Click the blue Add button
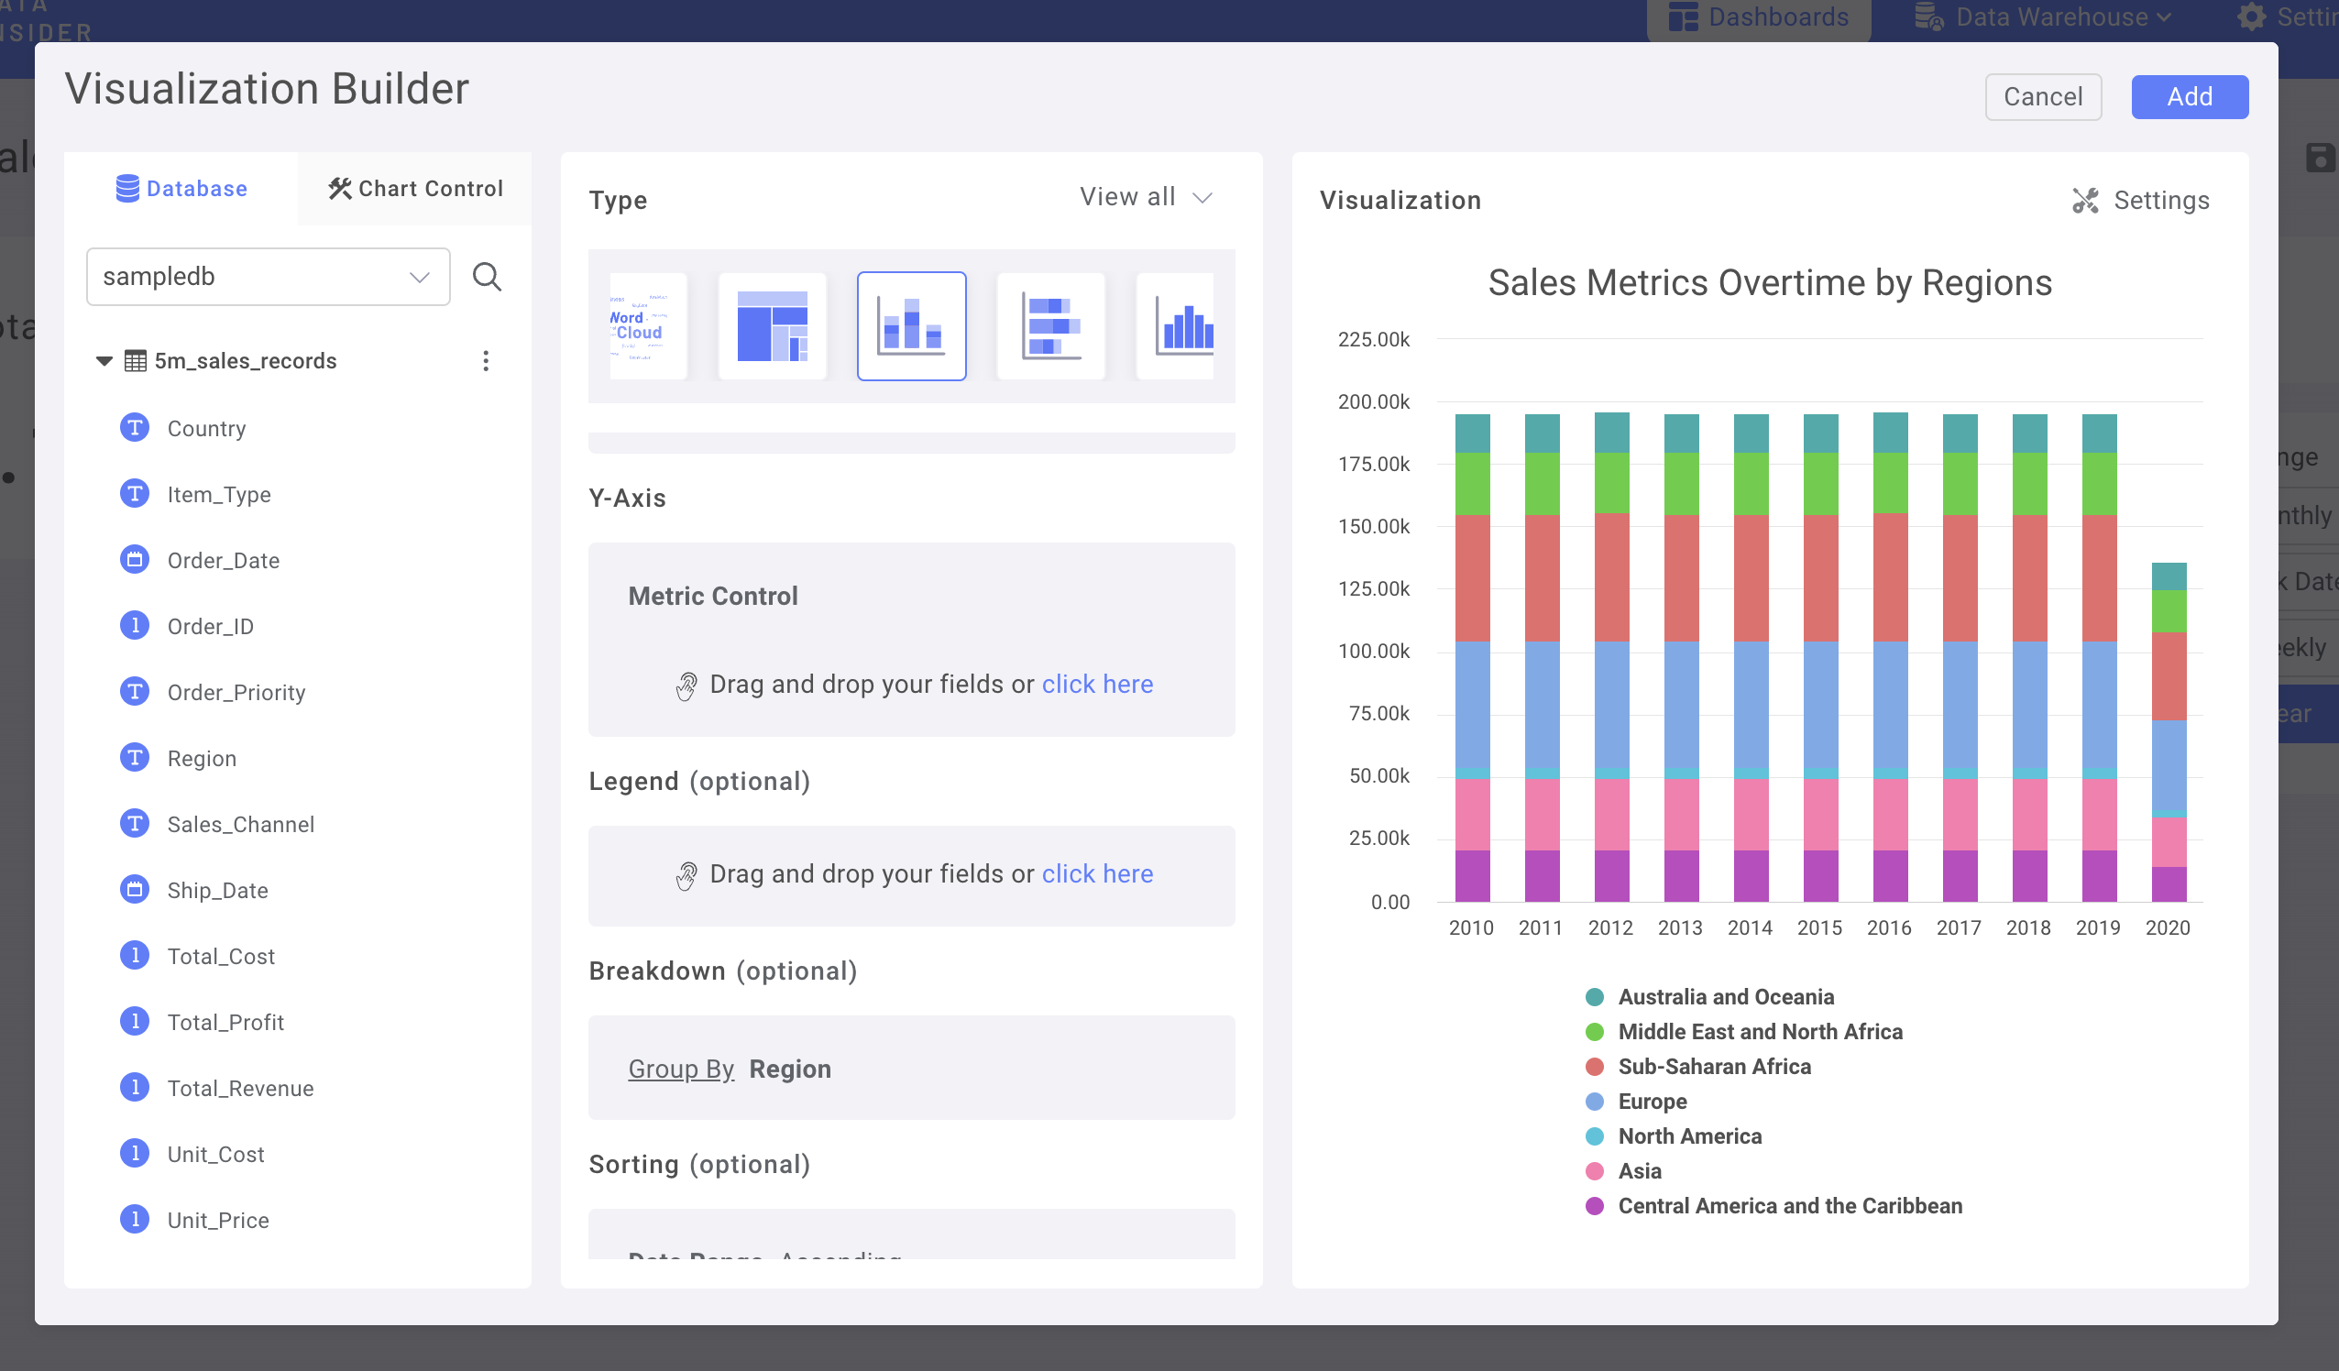pos(2189,96)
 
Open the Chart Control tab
pos(415,189)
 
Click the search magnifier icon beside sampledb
pos(487,277)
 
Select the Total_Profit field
pos(225,1022)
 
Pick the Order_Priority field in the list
pos(236,693)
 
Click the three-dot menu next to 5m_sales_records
pos(486,361)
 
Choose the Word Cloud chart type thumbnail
pos(648,326)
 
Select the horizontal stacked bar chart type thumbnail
pos(1049,326)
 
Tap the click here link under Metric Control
pos(1096,684)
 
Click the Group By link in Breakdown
pos(680,1069)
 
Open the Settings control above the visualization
pos(2140,201)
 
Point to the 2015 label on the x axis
pos(1819,927)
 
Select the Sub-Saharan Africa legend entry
pos(1713,1067)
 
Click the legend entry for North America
pos(1689,1136)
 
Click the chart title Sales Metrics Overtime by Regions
pos(1769,282)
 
